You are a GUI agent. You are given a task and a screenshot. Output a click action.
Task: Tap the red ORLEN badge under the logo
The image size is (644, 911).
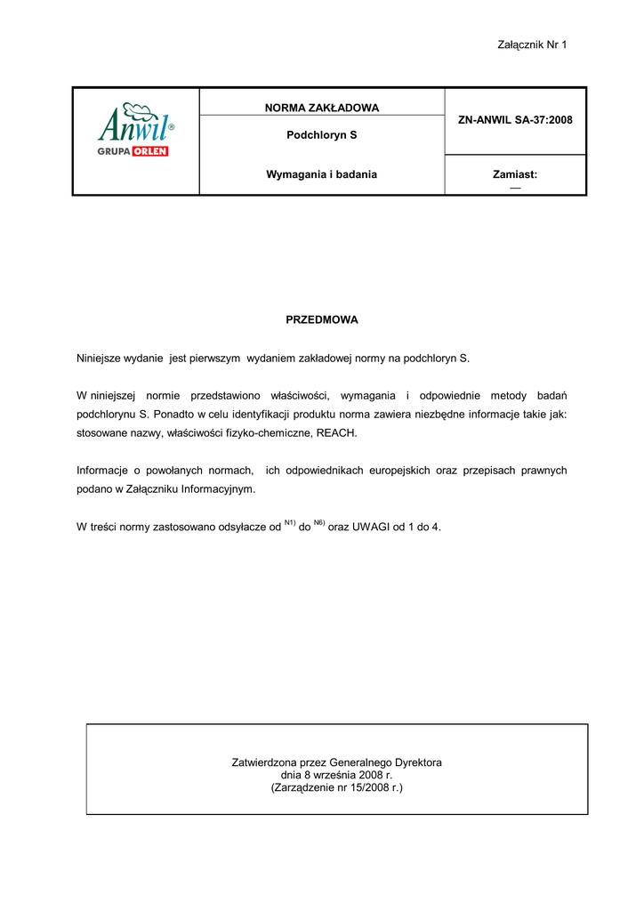click(x=150, y=151)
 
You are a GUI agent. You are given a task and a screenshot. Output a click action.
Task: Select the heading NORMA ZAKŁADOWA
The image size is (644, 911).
click(x=322, y=108)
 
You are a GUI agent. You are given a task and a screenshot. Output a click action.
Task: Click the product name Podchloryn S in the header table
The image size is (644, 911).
click(x=322, y=136)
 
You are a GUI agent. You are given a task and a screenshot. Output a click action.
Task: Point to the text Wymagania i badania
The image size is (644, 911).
click(x=322, y=174)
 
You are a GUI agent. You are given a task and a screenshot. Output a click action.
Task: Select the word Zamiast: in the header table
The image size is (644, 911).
click(x=515, y=174)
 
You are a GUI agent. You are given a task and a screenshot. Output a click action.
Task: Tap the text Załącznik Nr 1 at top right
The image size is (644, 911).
click(x=532, y=44)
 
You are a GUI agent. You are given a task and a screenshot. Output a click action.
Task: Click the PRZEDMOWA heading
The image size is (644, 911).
click(x=321, y=318)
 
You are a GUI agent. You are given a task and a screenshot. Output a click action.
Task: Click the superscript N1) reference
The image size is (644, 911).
click(x=290, y=522)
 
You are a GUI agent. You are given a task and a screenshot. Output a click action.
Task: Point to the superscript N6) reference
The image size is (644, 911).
click(x=319, y=522)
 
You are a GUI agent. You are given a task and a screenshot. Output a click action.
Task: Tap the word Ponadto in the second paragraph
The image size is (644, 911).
click(x=178, y=413)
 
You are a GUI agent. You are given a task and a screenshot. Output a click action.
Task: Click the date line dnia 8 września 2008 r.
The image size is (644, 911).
click(x=336, y=775)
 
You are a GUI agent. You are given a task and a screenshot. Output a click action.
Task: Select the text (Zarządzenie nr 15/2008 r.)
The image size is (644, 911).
click(x=336, y=787)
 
